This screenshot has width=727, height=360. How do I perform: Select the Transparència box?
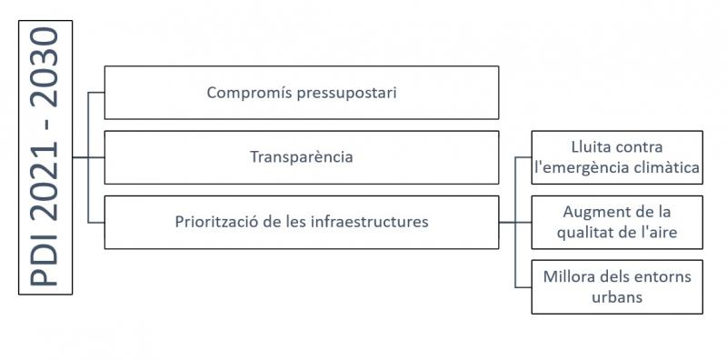301,157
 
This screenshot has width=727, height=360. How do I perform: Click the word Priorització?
216,222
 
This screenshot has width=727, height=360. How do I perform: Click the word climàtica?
664,168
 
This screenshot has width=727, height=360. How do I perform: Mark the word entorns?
660,275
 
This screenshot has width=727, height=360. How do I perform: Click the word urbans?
617,296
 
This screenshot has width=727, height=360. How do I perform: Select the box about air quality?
617,222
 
